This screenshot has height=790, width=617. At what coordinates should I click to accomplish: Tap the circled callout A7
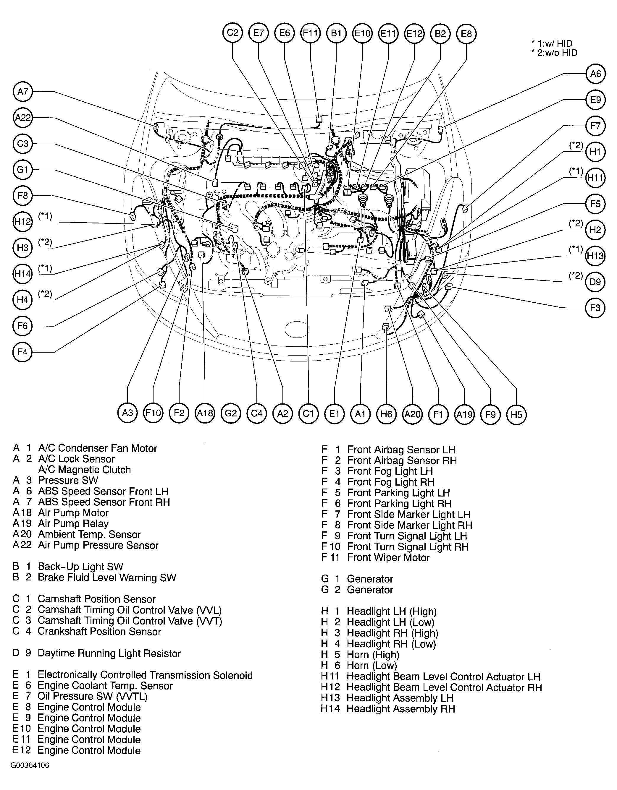click(22, 92)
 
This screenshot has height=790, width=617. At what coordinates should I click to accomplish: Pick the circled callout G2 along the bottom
click(231, 413)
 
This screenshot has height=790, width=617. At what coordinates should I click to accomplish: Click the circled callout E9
click(596, 100)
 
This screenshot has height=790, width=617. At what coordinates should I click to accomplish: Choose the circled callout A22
click(22, 118)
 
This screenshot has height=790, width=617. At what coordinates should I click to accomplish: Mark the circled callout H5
click(516, 414)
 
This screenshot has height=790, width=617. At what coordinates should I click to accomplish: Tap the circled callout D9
click(596, 282)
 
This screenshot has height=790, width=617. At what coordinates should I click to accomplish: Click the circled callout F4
click(22, 352)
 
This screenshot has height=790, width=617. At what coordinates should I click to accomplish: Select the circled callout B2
click(440, 33)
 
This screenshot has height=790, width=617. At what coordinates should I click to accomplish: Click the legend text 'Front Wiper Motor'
click(388, 557)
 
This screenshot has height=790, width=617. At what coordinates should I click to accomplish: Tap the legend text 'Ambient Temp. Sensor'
click(89, 534)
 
